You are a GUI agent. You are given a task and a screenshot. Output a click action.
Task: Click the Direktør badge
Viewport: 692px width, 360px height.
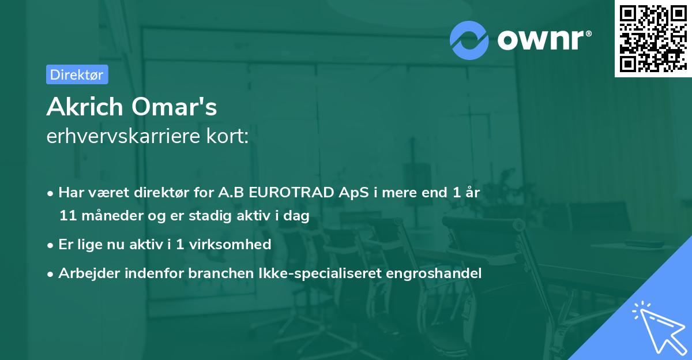coord(77,74)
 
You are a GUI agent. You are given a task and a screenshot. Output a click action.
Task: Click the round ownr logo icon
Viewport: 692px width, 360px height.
coord(469,40)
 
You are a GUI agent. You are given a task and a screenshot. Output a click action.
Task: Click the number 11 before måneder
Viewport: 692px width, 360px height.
coord(67,216)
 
